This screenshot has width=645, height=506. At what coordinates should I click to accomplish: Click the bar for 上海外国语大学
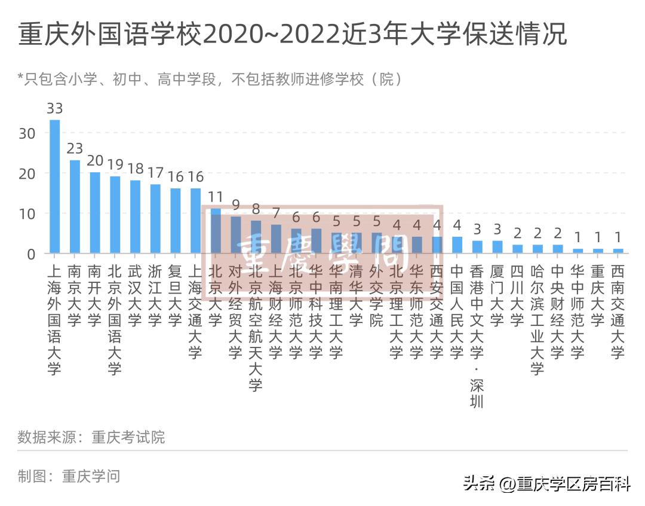[x=54, y=187]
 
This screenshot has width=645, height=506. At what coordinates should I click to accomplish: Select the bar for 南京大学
[x=75, y=206]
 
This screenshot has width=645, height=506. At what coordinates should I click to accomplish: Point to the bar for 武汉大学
[x=135, y=217]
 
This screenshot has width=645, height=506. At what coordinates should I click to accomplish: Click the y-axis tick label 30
[x=27, y=133]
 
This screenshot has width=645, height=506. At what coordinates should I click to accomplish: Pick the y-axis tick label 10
[x=27, y=214]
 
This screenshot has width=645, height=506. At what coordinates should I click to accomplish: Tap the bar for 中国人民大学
[x=457, y=245]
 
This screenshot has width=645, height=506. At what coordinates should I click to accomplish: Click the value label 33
[x=54, y=108]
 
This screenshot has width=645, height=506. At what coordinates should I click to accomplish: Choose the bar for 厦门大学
[x=497, y=247]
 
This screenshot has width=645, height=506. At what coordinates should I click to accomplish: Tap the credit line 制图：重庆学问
[x=69, y=476]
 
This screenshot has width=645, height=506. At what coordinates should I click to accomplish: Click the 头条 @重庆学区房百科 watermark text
[x=546, y=483]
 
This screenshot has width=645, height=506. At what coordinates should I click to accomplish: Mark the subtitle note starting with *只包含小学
[x=209, y=79]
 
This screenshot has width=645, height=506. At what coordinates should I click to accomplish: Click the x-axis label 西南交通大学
[x=618, y=312]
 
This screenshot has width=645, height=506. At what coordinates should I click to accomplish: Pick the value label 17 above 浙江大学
[x=155, y=173]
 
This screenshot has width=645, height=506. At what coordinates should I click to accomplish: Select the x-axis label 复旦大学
[x=175, y=295]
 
